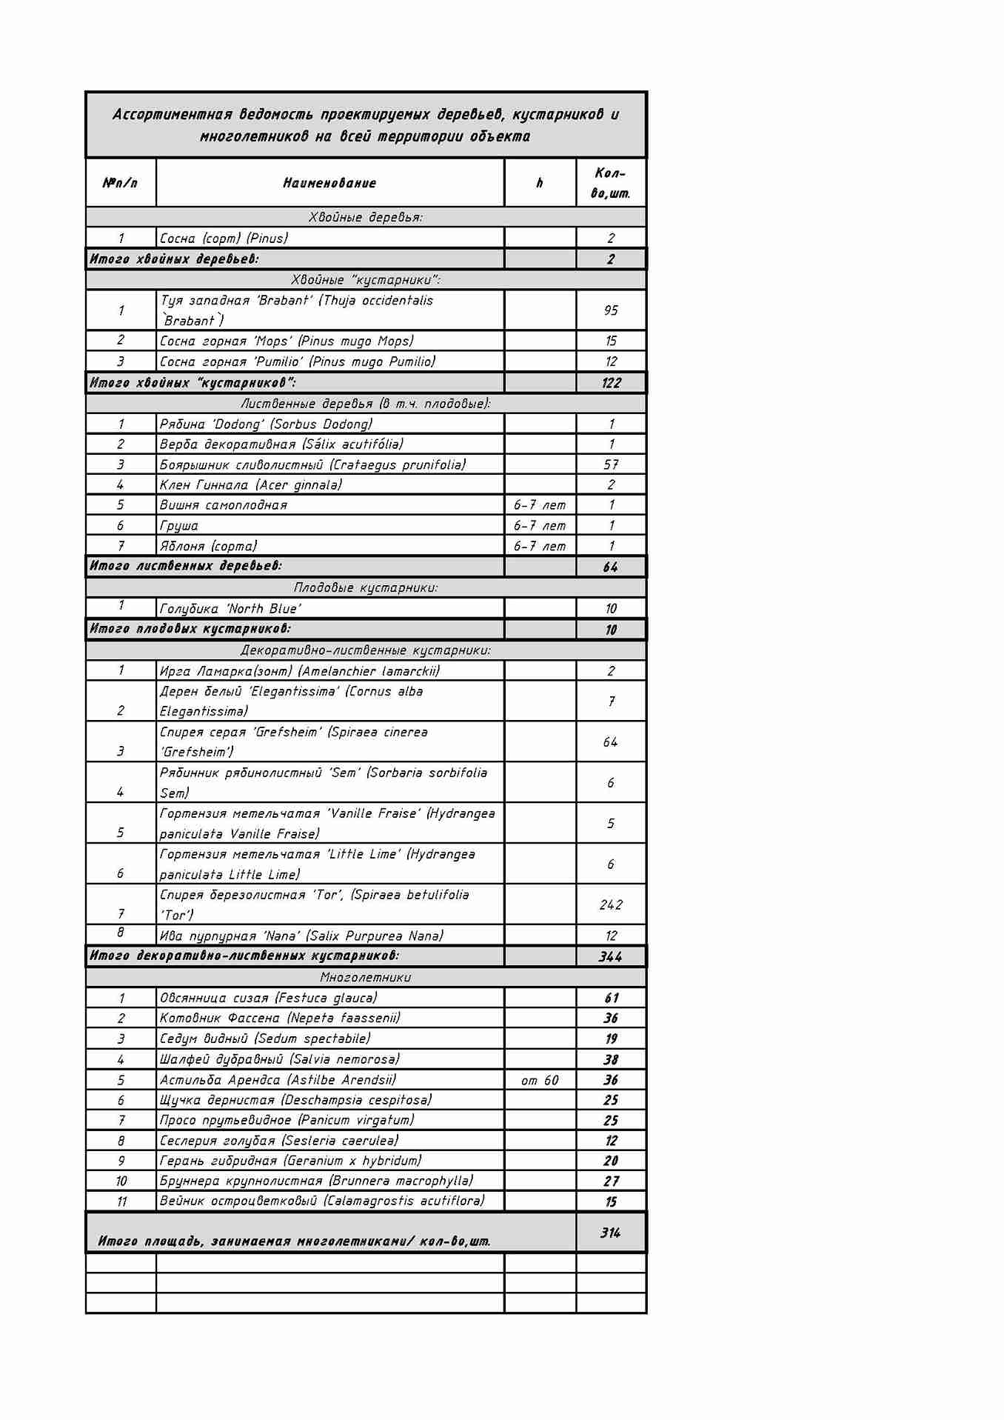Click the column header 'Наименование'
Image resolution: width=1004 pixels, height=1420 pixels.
pyautogui.click(x=329, y=183)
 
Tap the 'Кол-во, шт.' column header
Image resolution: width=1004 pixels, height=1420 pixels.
pyautogui.click(x=610, y=183)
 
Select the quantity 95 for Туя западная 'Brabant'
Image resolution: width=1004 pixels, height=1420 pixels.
pyautogui.click(x=610, y=310)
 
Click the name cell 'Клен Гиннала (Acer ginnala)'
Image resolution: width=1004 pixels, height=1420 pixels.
pyautogui.click(x=251, y=485)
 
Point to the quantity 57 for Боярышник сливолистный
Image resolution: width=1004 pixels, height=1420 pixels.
pyautogui.click(x=610, y=464)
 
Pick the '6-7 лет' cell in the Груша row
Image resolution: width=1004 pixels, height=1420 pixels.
pyautogui.click(x=540, y=526)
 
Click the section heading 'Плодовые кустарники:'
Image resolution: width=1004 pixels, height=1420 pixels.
pyautogui.click(x=366, y=587)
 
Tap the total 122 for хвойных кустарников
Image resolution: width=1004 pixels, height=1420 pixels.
pyautogui.click(x=611, y=383)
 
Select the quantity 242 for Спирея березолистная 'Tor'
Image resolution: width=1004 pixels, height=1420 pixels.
pyautogui.click(x=611, y=904)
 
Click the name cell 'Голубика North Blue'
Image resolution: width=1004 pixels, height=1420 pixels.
pyautogui.click(x=230, y=609)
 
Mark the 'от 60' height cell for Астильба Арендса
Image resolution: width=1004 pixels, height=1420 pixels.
pyautogui.click(x=540, y=1080)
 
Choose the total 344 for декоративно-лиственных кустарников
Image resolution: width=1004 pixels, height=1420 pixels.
pyautogui.click(x=611, y=956)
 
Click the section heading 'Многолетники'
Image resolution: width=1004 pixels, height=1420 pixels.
pyautogui.click(x=366, y=977)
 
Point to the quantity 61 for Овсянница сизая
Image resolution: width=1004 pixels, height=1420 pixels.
pyautogui.click(x=611, y=998)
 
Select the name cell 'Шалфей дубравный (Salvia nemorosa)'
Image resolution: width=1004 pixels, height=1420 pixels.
pyautogui.click(x=280, y=1059)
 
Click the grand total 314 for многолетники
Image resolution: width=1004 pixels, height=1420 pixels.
pyautogui.click(x=611, y=1233)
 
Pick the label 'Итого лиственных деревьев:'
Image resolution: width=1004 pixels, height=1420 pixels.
pyautogui.click(x=186, y=566)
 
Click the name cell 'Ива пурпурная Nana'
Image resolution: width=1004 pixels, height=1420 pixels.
pyautogui.click(x=301, y=936)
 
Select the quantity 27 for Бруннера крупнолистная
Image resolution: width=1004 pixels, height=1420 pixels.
pyautogui.click(x=611, y=1181)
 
